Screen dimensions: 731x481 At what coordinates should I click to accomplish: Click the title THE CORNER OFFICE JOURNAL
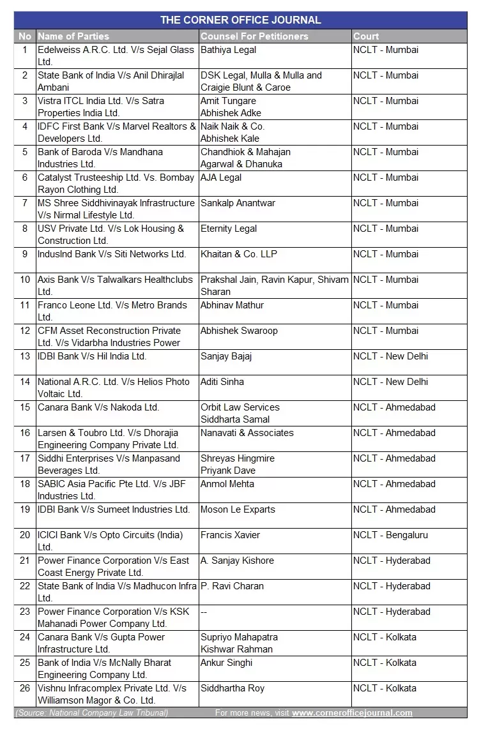coord(240,20)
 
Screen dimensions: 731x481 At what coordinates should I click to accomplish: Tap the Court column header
coord(366,36)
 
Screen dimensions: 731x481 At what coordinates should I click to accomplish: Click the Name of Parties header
coord(73,36)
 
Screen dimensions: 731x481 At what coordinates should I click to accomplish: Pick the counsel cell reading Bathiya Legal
coord(228,50)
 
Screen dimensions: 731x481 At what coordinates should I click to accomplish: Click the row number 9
coord(25,254)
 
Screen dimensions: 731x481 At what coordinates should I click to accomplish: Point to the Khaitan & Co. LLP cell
coord(239,254)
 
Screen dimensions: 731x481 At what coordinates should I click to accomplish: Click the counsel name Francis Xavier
coord(230,535)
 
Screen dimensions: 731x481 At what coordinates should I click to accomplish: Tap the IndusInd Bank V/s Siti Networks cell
coord(112,254)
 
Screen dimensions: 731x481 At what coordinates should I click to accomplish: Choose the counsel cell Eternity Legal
coord(229,229)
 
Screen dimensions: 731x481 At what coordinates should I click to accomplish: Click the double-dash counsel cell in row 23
coord(204,612)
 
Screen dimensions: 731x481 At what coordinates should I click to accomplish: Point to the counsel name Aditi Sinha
coord(222,382)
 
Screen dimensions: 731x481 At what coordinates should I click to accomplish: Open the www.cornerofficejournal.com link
coord(352,713)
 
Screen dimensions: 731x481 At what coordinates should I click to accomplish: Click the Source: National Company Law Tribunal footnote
coord(92,713)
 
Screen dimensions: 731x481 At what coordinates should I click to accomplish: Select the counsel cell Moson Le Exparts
coord(238,509)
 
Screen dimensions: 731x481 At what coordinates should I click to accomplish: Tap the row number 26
coord(25,688)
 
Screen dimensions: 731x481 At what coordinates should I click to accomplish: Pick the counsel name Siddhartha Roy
coord(232,688)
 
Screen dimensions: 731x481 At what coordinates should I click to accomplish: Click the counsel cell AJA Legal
coord(221,177)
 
